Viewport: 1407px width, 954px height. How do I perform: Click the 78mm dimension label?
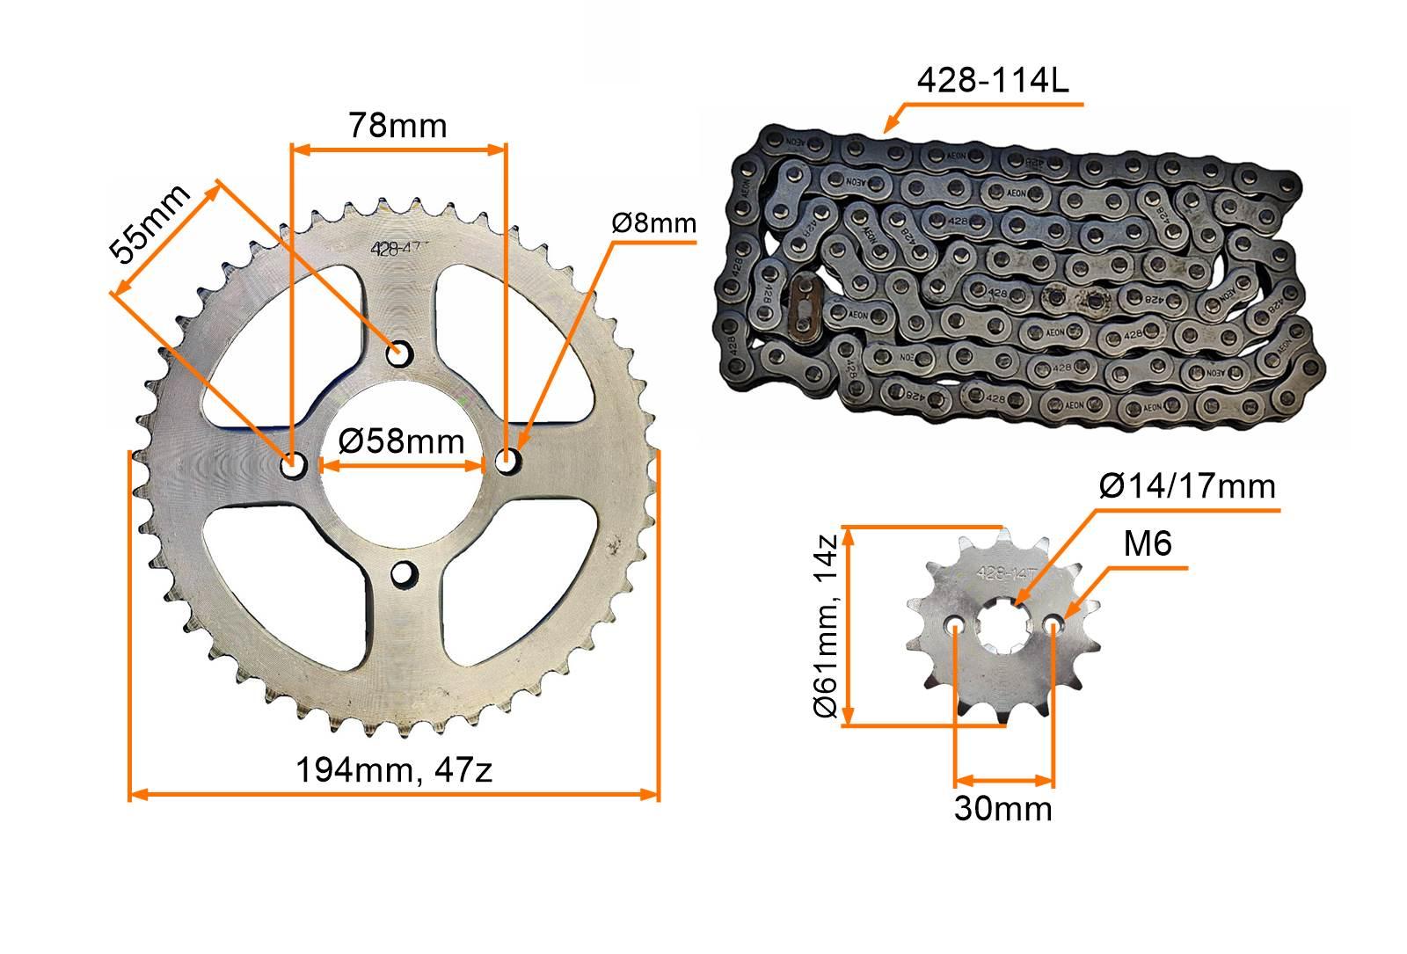tap(397, 127)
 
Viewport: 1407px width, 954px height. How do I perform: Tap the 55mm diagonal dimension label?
tap(149, 225)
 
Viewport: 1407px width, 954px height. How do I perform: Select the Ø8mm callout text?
tap(653, 223)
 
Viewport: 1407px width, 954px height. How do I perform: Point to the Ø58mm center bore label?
tap(401, 441)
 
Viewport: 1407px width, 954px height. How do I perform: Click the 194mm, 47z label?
tap(393, 770)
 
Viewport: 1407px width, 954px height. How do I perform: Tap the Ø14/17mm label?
tap(1186, 485)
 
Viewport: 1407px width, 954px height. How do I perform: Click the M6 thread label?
tap(1148, 545)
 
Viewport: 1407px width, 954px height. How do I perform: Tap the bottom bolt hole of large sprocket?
tap(403, 573)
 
